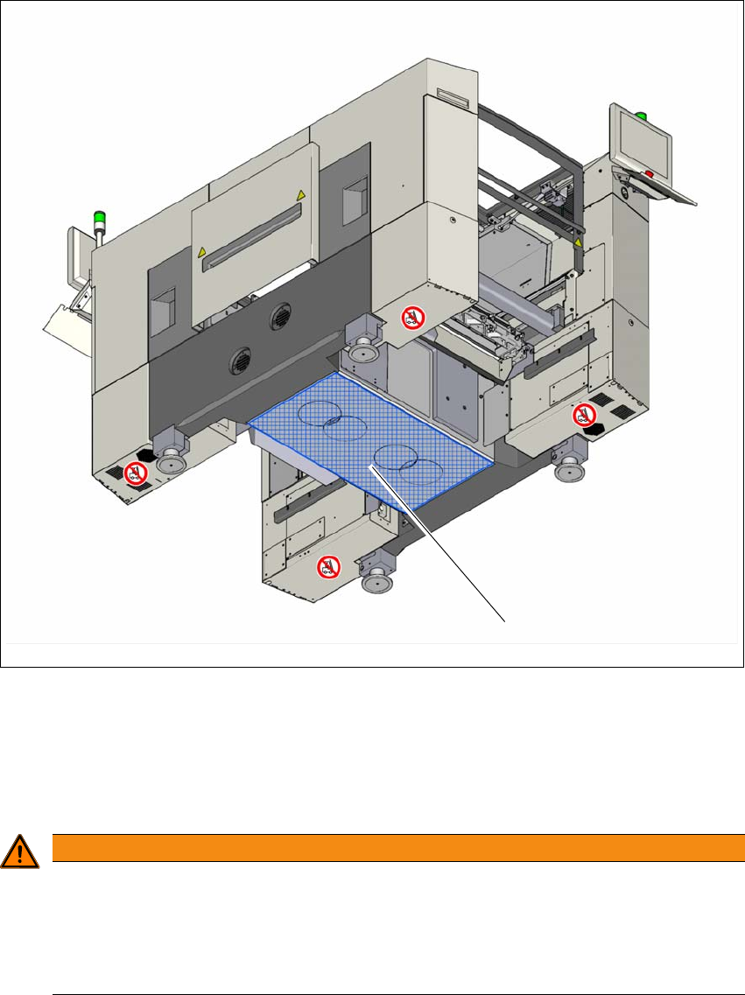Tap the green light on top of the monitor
(641, 115)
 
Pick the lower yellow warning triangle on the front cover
(203, 252)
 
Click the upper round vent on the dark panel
(282, 316)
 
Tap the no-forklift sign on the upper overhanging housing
(410, 317)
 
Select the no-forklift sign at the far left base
(134, 473)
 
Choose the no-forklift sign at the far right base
(584, 416)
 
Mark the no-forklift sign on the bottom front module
(328, 567)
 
